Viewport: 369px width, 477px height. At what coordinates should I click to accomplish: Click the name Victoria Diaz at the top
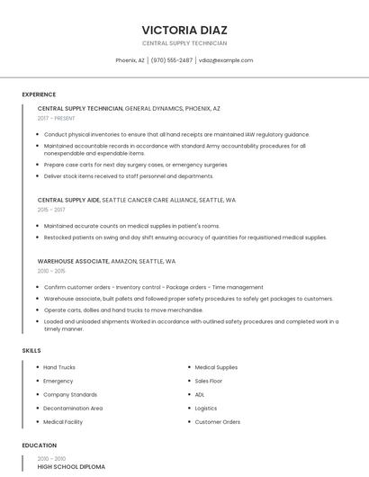pyautogui.click(x=184, y=30)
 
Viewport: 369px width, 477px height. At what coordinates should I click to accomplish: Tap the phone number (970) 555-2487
pyautogui.click(x=171, y=60)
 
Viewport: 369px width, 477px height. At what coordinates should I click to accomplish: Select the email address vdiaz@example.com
pyautogui.click(x=226, y=60)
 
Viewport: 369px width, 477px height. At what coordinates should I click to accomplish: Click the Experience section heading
pyautogui.click(x=39, y=94)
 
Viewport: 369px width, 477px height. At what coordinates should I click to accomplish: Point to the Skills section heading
pyautogui.click(x=31, y=350)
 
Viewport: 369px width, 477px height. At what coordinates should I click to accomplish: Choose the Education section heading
pyautogui.click(x=39, y=445)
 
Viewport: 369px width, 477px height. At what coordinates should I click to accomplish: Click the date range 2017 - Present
pyautogui.click(x=58, y=118)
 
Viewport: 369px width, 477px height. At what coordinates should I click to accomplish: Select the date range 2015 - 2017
pyautogui.click(x=51, y=210)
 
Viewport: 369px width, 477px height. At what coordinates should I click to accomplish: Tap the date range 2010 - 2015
pyautogui.click(x=51, y=271)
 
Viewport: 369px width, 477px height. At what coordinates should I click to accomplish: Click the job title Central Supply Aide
pyautogui.click(x=68, y=200)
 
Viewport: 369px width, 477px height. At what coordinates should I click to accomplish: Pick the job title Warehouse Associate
pyautogui.click(x=73, y=261)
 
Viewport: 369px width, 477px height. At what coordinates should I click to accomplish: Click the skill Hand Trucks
pyautogui.click(x=59, y=367)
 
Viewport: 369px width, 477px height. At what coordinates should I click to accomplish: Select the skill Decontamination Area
pyautogui.click(x=73, y=408)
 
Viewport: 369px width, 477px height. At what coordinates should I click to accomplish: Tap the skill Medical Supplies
pyautogui.click(x=216, y=367)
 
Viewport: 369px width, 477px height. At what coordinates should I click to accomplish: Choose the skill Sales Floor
pyautogui.click(x=209, y=381)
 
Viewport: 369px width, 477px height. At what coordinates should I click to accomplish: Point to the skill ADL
pyautogui.click(x=200, y=394)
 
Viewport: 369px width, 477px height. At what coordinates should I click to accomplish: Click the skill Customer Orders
pyautogui.click(x=218, y=421)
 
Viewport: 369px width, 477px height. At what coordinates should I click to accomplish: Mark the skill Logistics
pyautogui.click(x=206, y=408)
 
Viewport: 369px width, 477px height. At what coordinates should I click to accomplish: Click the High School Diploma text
pyautogui.click(x=71, y=467)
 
